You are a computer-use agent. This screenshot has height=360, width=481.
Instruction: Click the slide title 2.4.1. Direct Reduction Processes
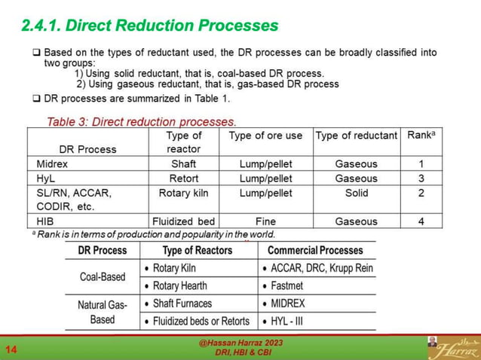click(x=150, y=26)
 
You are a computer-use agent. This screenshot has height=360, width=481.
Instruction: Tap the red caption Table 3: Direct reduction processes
click(x=142, y=121)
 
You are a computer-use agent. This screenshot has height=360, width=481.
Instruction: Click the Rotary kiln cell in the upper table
click(x=184, y=193)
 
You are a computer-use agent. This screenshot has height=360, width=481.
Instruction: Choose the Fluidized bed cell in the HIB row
click(x=184, y=221)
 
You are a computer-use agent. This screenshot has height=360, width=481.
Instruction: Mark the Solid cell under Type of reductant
click(x=356, y=193)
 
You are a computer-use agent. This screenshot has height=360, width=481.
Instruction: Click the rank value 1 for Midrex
click(x=421, y=163)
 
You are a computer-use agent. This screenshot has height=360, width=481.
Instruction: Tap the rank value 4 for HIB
click(x=421, y=221)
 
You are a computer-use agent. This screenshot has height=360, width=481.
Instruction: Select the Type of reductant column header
click(x=356, y=136)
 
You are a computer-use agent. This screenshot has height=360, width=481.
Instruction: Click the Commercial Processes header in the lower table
click(x=315, y=250)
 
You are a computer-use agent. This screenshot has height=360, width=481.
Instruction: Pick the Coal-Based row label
click(x=103, y=276)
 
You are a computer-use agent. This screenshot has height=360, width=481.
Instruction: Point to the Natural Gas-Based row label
click(x=103, y=312)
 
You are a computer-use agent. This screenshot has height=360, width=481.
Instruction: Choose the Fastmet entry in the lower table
click(x=286, y=286)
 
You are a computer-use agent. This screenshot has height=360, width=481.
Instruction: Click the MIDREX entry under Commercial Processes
click(x=287, y=304)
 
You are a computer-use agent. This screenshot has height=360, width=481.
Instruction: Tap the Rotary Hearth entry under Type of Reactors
click(x=183, y=286)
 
